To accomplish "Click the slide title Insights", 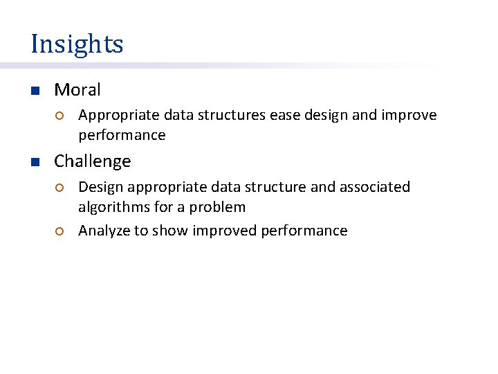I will coord(77,44).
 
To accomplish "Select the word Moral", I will coord(77,90).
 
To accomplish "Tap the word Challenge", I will coord(92,161).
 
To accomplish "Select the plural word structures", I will coord(232,115).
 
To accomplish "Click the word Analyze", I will coord(104,231).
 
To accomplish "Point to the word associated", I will coord(374,187).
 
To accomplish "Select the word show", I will coord(172,231).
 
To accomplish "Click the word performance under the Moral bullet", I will coord(122,135).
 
